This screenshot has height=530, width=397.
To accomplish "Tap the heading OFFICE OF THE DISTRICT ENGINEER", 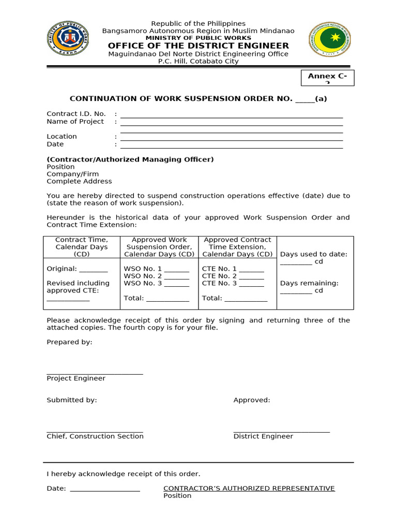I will click(198, 46).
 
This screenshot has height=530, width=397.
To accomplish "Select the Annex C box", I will click(327, 77).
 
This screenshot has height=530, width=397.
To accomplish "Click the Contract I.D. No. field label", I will click(76, 114).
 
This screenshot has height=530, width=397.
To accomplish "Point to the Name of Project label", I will click(75, 122).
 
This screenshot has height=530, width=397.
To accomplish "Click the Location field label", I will click(62, 137).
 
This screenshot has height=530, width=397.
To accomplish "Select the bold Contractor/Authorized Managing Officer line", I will click(130, 159).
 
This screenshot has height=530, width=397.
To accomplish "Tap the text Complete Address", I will click(79, 181).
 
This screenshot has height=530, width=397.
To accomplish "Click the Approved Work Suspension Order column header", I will click(159, 247).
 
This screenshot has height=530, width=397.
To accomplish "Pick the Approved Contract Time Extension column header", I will click(237, 247).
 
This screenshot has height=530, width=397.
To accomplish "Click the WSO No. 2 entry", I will click(157, 276).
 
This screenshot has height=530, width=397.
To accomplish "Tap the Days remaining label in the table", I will click(309, 283).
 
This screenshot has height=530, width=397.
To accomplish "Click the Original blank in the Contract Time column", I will click(77, 269).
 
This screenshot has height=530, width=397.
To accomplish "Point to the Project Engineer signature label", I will click(76, 378).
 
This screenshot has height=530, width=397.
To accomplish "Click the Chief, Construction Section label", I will click(95, 436).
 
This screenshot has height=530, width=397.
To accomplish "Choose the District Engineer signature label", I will click(263, 436).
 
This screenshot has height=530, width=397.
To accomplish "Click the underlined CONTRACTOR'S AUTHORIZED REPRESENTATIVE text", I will click(249, 489).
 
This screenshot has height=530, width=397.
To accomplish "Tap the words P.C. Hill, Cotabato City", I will click(198, 61).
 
